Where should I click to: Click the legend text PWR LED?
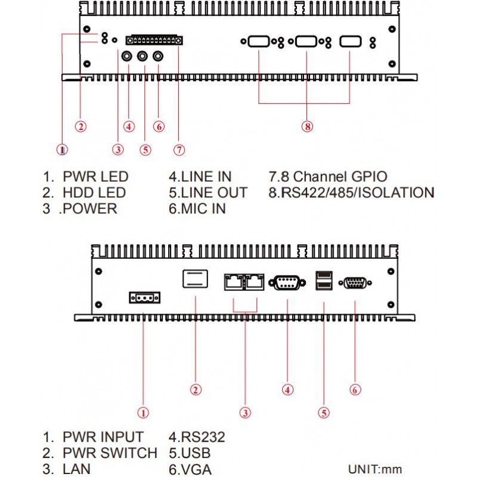coord(95,176)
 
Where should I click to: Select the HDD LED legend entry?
coord(94,193)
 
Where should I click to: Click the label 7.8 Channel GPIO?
coord(329,176)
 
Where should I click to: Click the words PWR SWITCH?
coord(110,453)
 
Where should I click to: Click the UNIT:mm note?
coord(379,469)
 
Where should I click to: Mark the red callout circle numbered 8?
coord(307,126)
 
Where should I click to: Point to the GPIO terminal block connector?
coord(153,41)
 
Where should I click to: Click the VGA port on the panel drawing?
coord(355,283)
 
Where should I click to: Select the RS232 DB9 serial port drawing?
coord(287,283)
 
